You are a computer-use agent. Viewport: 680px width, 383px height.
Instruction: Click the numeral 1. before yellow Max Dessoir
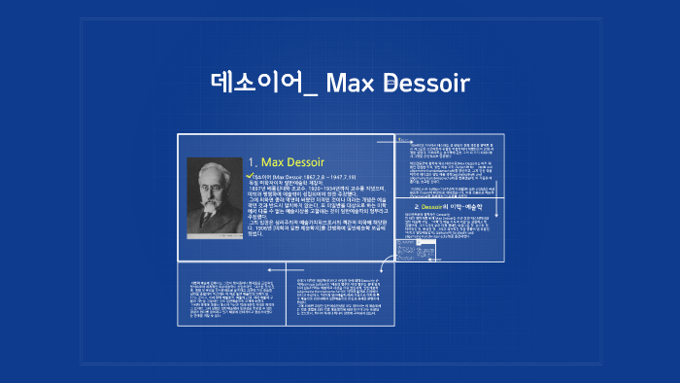click(x=253, y=161)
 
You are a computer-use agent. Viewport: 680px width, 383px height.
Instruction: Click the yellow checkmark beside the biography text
click(x=251, y=175)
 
